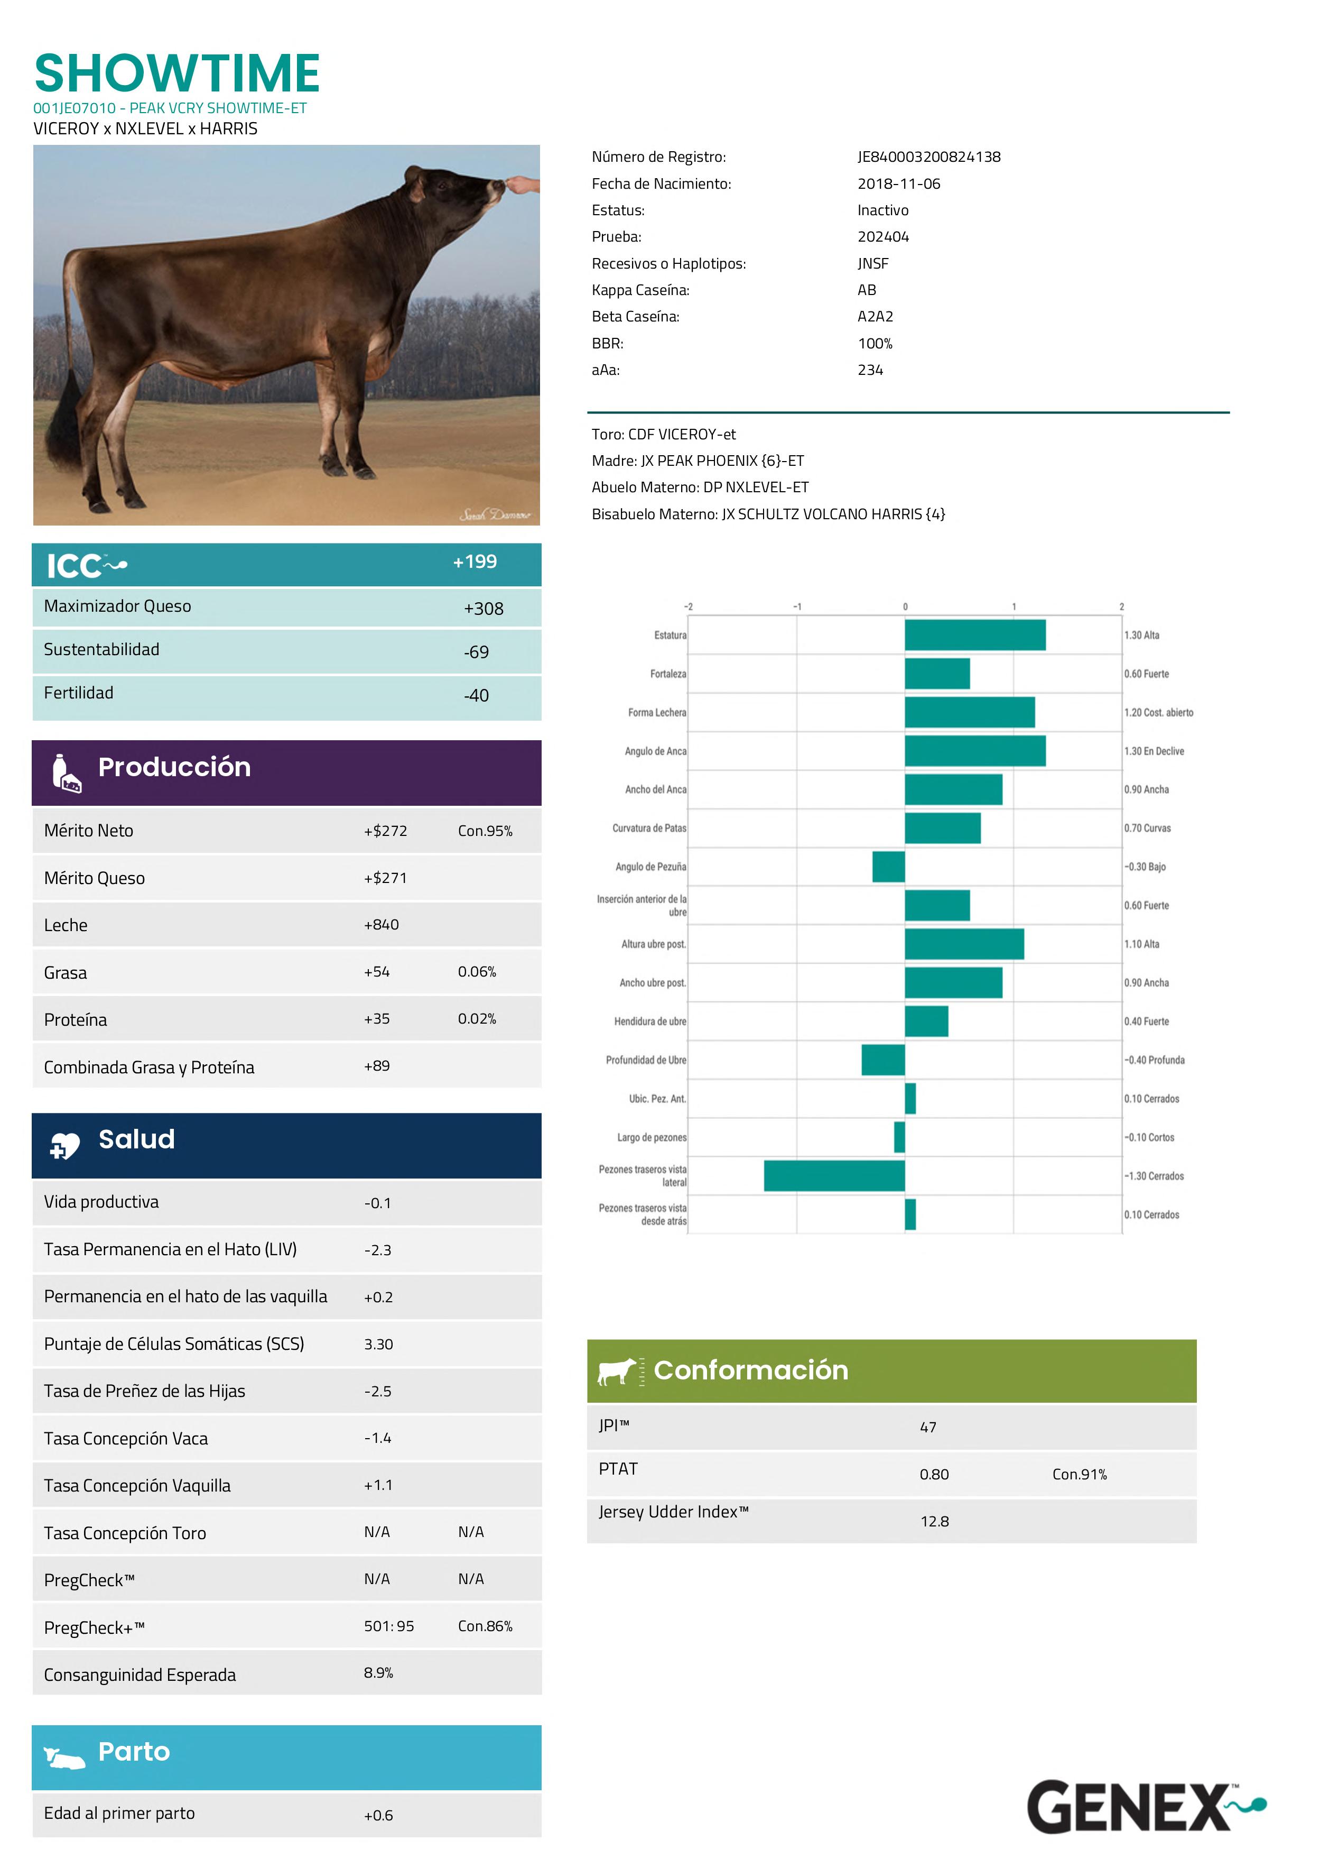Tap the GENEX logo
(x=1145, y=1807)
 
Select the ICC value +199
(x=475, y=562)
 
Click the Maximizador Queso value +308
(x=483, y=609)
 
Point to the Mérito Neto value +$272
(x=386, y=831)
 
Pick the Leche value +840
(x=382, y=925)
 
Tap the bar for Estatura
(x=975, y=636)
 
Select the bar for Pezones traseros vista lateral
(x=834, y=1176)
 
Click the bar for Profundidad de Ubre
(x=883, y=1060)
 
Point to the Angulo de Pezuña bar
(x=889, y=867)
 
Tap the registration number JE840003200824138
(x=929, y=157)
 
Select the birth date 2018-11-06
(x=899, y=184)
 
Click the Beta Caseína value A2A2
(x=875, y=317)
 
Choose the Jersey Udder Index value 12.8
(x=934, y=1521)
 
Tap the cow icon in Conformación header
(x=617, y=1371)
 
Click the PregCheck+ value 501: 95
(x=389, y=1626)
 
